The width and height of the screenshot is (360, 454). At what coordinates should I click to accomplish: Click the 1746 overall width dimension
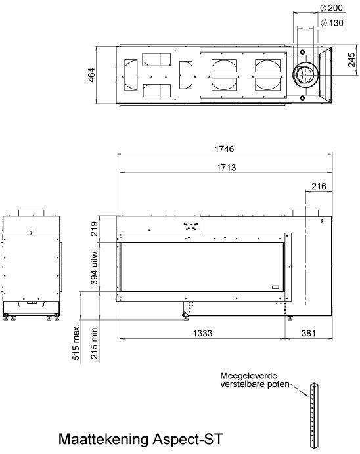(x=224, y=149)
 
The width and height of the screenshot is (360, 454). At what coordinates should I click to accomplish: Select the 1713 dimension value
(x=226, y=168)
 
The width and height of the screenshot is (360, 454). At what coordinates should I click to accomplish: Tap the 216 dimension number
(x=319, y=186)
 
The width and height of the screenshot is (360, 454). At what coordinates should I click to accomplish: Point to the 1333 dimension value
(x=202, y=333)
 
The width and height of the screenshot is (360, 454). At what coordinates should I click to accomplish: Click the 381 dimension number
(x=309, y=333)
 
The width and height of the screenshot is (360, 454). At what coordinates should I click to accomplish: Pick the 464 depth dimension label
(x=91, y=75)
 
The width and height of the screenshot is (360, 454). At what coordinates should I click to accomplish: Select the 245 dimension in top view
(x=351, y=60)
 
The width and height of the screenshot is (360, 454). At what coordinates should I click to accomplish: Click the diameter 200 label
(x=332, y=8)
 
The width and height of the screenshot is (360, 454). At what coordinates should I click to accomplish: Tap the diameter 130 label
(x=332, y=23)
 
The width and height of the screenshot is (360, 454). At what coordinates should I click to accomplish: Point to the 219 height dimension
(x=95, y=229)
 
